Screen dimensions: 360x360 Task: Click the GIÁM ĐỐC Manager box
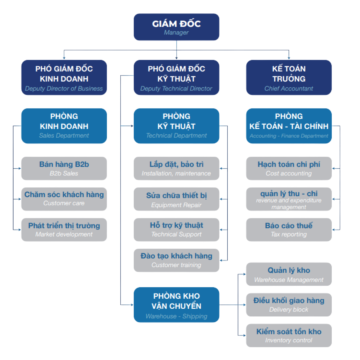176,27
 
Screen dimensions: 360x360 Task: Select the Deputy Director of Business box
64,78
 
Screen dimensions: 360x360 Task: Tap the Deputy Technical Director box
176,78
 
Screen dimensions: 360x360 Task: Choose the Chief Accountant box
289,78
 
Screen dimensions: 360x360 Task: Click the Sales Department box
64,126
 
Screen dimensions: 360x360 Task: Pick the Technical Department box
176,126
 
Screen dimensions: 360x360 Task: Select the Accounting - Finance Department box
289,126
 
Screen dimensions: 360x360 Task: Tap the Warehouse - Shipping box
176,305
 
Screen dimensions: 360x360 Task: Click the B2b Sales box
64,168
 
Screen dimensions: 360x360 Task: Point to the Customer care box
64,199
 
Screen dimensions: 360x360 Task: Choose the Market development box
64,230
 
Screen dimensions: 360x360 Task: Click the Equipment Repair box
176,199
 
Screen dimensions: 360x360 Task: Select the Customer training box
176,260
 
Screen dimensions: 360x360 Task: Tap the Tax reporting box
289,230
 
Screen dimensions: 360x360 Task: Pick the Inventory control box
289,335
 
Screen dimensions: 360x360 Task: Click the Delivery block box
289,305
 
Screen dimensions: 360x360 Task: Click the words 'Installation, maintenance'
176,173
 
